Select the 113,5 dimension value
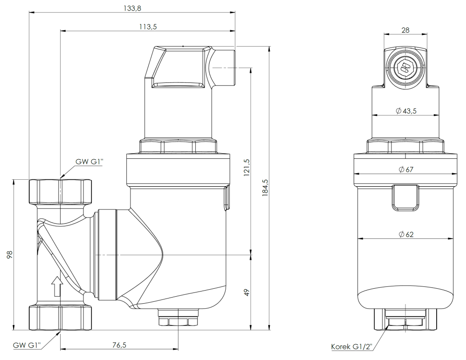pos(148,27)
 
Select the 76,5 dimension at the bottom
pos(119,345)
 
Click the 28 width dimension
pos(405,30)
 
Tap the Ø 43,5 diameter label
pos(405,111)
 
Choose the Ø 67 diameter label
pos(406,170)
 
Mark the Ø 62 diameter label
pos(406,234)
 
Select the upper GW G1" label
pos(89,162)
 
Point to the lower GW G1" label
pos(27,345)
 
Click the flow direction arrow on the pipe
pos(56,286)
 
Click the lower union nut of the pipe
pos(61,317)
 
